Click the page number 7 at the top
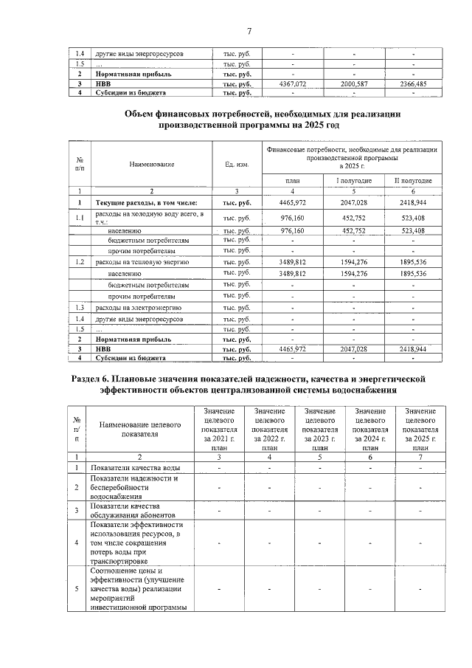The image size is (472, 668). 249,30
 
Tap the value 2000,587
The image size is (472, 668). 353,84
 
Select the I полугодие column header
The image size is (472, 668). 353,181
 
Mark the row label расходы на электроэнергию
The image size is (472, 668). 133,307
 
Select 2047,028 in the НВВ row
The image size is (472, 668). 353,348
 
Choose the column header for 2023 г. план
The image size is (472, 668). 319,429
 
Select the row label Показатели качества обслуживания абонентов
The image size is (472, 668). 125,510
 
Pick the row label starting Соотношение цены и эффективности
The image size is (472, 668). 137,589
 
